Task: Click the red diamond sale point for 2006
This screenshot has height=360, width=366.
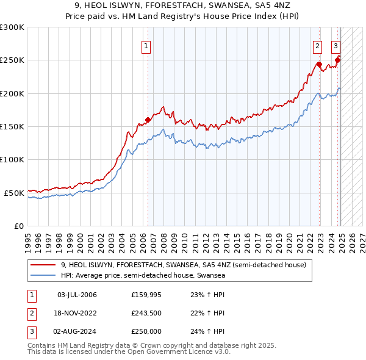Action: [148, 120]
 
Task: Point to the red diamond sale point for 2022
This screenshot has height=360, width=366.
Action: [318, 64]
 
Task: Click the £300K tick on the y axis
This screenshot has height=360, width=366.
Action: [12, 27]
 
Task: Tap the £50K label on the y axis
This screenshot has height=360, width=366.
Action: [15, 193]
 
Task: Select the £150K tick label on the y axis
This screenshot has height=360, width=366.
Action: [12, 127]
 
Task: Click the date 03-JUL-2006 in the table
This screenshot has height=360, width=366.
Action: [77, 295]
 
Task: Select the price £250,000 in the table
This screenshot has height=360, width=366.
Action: [146, 331]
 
